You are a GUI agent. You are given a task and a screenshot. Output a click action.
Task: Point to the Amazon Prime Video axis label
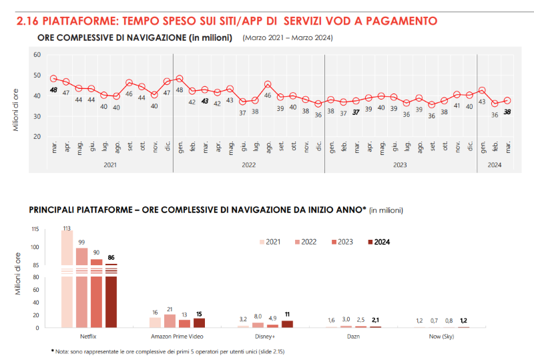(x=176, y=337)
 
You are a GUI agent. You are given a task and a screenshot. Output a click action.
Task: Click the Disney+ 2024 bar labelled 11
(x=287, y=324)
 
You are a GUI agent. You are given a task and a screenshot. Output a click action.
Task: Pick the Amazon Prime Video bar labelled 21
(x=170, y=321)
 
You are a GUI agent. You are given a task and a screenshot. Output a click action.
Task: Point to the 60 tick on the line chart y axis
(x=37, y=55)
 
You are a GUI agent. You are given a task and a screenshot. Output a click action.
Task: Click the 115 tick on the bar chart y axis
(x=35, y=229)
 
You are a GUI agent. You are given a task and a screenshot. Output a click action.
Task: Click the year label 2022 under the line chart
(x=248, y=164)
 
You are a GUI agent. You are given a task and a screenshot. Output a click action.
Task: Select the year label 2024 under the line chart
(x=495, y=164)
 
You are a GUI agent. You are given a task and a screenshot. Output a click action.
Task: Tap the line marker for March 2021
(x=53, y=79)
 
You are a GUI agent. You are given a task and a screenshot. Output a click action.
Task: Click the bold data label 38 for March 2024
(x=507, y=112)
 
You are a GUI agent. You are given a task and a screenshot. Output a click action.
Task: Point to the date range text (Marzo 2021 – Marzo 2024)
(x=288, y=38)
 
